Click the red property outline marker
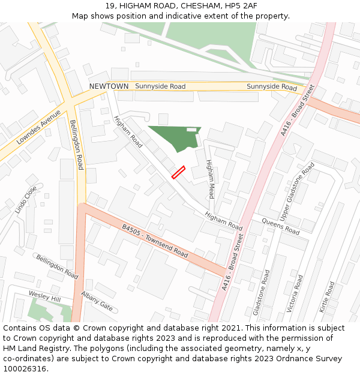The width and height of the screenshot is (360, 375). (178, 172)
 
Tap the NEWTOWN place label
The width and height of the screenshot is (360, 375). (109, 86)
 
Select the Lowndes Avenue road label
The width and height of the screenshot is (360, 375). (38, 128)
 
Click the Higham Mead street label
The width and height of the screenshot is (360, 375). (210, 179)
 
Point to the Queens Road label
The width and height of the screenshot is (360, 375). (280, 226)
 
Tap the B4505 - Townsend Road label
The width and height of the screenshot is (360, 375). (155, 241)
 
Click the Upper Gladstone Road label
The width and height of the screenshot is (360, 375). (297, 191)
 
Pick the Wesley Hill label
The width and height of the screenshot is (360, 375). (45, 296)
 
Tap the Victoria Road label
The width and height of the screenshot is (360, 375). (295, 293)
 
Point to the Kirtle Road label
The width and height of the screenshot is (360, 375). (328, 298)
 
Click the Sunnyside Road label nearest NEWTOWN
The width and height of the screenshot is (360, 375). (160, 86)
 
